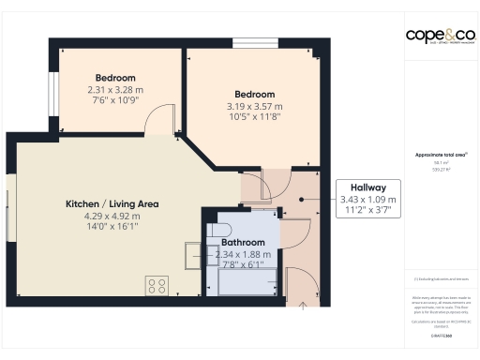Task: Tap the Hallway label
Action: (367, 186)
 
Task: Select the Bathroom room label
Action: (243, 242)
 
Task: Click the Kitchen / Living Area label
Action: (112, 203)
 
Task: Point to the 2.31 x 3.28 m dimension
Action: (115, 90)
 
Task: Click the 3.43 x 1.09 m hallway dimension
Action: (367, 199)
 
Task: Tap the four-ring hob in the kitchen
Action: (157, 285)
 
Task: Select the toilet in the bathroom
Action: (218, 230)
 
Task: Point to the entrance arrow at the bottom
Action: (303, 303)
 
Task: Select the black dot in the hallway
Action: (301, 199)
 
